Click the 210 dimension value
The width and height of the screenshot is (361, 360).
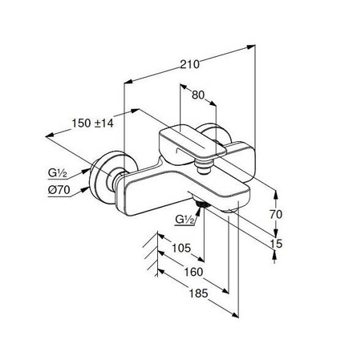[189, 64]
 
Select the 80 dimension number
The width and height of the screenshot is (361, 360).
[198, 95]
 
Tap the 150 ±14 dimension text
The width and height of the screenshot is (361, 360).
[92, 123]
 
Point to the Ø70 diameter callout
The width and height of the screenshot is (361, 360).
[59, 190]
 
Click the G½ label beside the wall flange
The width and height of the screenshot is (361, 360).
[57, 173]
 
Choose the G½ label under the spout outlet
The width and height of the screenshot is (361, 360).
[185, 220]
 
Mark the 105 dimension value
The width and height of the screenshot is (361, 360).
[181, 248]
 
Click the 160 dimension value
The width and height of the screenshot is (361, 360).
[193, 272]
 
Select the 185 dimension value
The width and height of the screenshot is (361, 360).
[198, 293]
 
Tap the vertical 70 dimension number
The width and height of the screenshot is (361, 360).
[276, 214]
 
